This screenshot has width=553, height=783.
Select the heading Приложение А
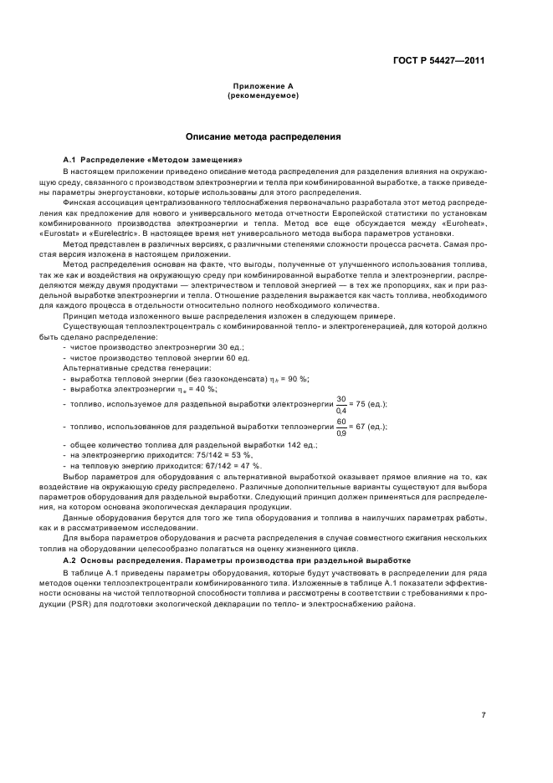point(263,87)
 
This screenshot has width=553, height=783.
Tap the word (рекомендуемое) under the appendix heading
point(263,95)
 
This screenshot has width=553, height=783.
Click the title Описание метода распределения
point(262,136)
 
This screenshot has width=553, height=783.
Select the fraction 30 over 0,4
point(341,403)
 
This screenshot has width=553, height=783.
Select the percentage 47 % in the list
point(252,465)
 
